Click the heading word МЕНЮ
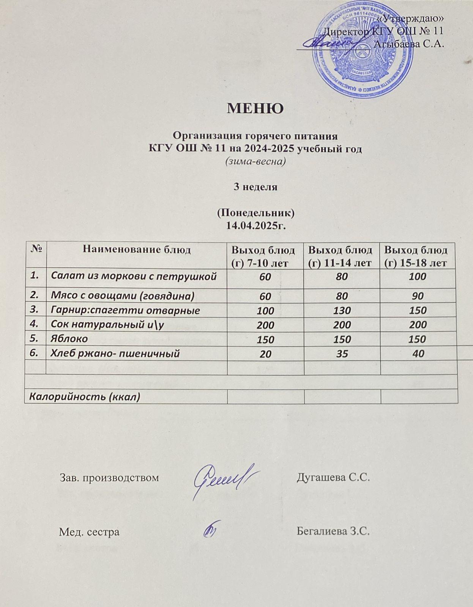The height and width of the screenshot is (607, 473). (255, 109)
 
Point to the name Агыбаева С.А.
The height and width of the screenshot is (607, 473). (409, 44)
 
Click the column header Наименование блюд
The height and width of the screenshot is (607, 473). (137, 250)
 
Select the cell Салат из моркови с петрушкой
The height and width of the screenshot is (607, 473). (134, 276)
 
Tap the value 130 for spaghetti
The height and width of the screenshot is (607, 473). (342, 311)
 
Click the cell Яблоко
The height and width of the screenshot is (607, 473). (69, 338)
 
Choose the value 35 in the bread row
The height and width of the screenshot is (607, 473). (342, 354)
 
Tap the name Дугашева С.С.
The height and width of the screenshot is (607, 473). (333, 477)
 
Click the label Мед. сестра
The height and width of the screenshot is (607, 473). (89, 532)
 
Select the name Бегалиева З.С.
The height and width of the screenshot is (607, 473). (333, 531)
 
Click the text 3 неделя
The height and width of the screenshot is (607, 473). (255, 187)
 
